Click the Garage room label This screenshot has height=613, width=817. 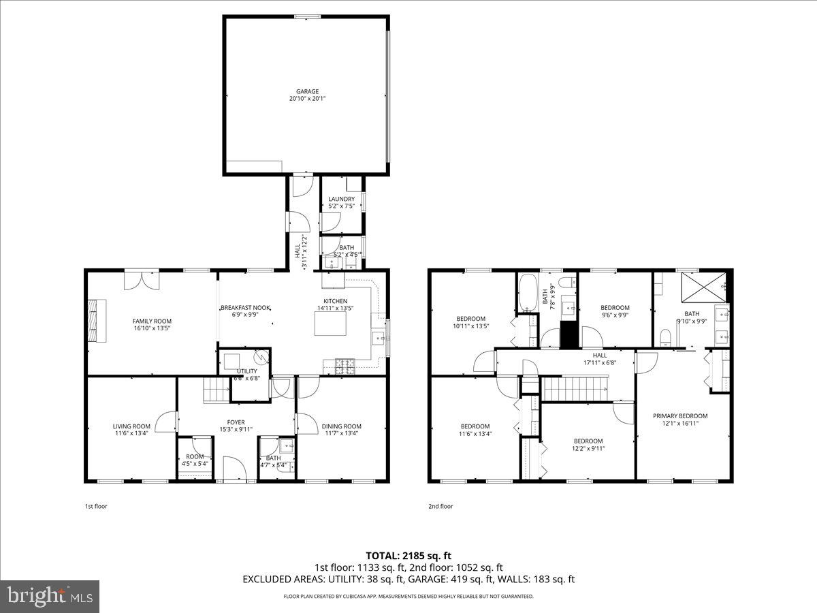(307, 91)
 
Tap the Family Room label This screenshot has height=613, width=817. (152, 321)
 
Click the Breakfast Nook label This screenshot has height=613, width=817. (245, 309)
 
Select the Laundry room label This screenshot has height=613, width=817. (341, 199)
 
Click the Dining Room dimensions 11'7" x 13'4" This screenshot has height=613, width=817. (342, 433)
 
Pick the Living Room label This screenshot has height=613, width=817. (131, 426)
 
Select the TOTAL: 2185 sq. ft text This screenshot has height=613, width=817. (408, 555)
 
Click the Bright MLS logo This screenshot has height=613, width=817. (50, 597)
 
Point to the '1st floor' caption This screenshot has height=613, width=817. (96, 506)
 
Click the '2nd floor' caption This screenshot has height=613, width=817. (440, 506)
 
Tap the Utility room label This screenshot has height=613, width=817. (246, 371)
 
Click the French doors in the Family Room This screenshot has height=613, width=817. (142, 279)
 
